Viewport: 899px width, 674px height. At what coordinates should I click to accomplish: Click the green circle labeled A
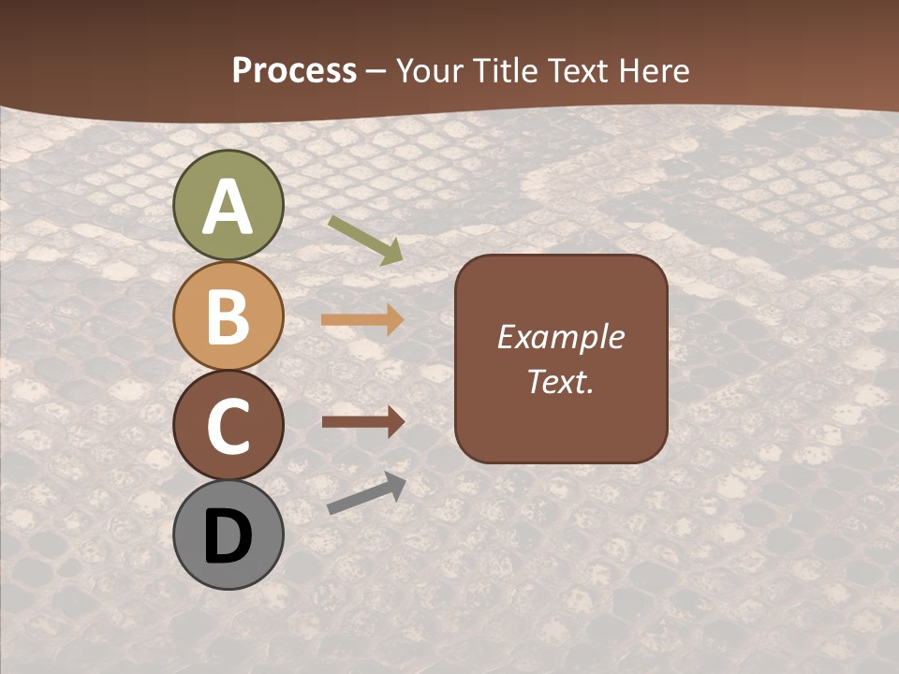point(228,205)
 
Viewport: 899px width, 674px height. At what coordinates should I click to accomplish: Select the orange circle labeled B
point(228,315)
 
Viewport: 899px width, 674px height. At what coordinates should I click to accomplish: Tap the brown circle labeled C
point(228,425)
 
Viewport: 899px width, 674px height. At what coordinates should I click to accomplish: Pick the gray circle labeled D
point(228,535)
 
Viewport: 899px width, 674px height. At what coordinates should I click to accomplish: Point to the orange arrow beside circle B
point(362,320)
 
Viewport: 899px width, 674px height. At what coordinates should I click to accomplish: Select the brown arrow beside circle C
point(362,421)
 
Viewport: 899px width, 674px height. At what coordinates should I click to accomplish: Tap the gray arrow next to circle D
point(366,493)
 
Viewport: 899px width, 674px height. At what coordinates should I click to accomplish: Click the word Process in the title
point(294,70)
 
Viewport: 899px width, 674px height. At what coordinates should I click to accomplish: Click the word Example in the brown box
point(560,337)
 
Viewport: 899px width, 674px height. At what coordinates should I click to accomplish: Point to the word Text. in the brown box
point(560,382)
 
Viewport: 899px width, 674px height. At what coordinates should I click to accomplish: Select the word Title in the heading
point(505,70)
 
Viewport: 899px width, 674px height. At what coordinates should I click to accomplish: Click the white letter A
point(228,207)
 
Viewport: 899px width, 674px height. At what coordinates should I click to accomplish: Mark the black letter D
point(228,536)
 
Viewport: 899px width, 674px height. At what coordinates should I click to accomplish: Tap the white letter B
point(228,316)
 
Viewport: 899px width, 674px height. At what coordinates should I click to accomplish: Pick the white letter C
point(228,426)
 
